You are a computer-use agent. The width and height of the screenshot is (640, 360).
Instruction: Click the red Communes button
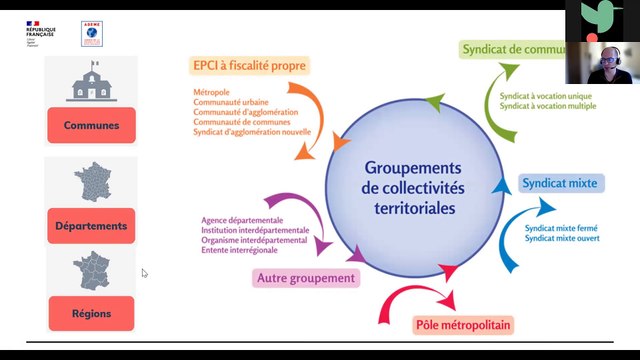(x=91, y=125)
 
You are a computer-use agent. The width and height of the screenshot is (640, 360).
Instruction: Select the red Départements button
(x=91, y=225)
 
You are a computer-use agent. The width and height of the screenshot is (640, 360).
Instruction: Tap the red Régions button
(x=91, y=313)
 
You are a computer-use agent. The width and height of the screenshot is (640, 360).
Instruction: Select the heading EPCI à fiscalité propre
(x=249, y=65)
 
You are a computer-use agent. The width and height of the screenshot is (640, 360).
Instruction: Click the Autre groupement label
(x=306, y=278)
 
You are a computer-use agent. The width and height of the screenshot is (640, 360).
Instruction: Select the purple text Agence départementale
(x=243, y=220)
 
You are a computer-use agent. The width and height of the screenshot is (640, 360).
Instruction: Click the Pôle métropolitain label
(x=462, y=325)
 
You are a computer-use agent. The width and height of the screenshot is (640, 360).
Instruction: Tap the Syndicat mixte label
(x=559, y=183)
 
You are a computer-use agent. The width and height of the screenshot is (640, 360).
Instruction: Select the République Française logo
(x=40, y=34)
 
